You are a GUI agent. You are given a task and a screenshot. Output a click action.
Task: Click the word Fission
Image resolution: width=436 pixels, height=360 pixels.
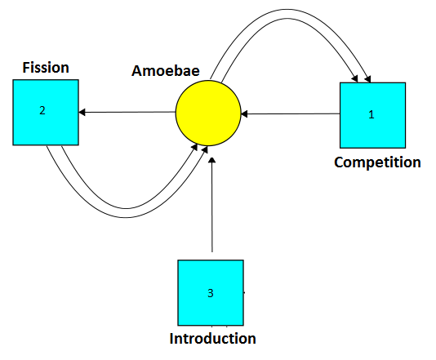[x=46, y=68]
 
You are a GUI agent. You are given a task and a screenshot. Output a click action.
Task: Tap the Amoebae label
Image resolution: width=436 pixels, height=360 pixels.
[x=166, y=70]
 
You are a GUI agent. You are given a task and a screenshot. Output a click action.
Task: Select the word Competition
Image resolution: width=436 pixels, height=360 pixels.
[x=377, y=162]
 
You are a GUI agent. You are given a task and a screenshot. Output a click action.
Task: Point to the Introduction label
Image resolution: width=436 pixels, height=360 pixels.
[x=213, y=338]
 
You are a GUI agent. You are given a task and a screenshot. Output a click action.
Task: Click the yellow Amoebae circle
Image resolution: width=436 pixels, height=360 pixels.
[x=208, y=113]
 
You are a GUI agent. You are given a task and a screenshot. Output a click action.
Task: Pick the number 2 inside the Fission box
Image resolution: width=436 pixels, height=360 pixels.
[x=42, y=110]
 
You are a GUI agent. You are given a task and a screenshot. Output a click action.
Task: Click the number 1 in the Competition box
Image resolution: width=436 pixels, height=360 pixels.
[x=371, y=114]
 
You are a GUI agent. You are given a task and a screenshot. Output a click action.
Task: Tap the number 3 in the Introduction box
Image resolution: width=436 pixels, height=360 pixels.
[x=211, y=293]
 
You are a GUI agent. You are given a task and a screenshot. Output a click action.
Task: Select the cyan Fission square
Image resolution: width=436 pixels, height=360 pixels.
[x=46, y=113]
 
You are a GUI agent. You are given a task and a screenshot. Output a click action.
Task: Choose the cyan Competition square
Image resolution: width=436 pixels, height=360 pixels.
[x=372, y=115]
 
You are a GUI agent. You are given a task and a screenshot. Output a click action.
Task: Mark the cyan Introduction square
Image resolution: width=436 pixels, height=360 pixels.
[x=211, y=293]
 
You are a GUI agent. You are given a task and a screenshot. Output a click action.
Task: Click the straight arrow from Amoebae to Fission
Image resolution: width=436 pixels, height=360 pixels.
[x=127, y=113]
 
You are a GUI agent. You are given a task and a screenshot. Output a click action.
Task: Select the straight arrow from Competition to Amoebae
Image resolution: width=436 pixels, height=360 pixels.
[x=291, y=113]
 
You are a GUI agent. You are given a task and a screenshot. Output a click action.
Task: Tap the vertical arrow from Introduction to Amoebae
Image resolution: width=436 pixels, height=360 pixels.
[x=212, y=205]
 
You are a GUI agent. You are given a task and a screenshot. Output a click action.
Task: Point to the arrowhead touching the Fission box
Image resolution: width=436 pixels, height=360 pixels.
[x=82, y=113]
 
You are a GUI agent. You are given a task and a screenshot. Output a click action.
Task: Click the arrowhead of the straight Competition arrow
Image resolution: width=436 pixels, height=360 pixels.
[x=244, y=114]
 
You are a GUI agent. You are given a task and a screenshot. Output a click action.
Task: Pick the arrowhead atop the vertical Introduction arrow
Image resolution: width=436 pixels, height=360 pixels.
[x=212, y=160]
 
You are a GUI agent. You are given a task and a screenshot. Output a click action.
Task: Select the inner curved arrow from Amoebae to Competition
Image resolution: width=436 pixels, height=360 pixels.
[x=287, y=19]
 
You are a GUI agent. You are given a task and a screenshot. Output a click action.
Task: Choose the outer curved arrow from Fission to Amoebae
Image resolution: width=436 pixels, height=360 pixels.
[x=125, y=217]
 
